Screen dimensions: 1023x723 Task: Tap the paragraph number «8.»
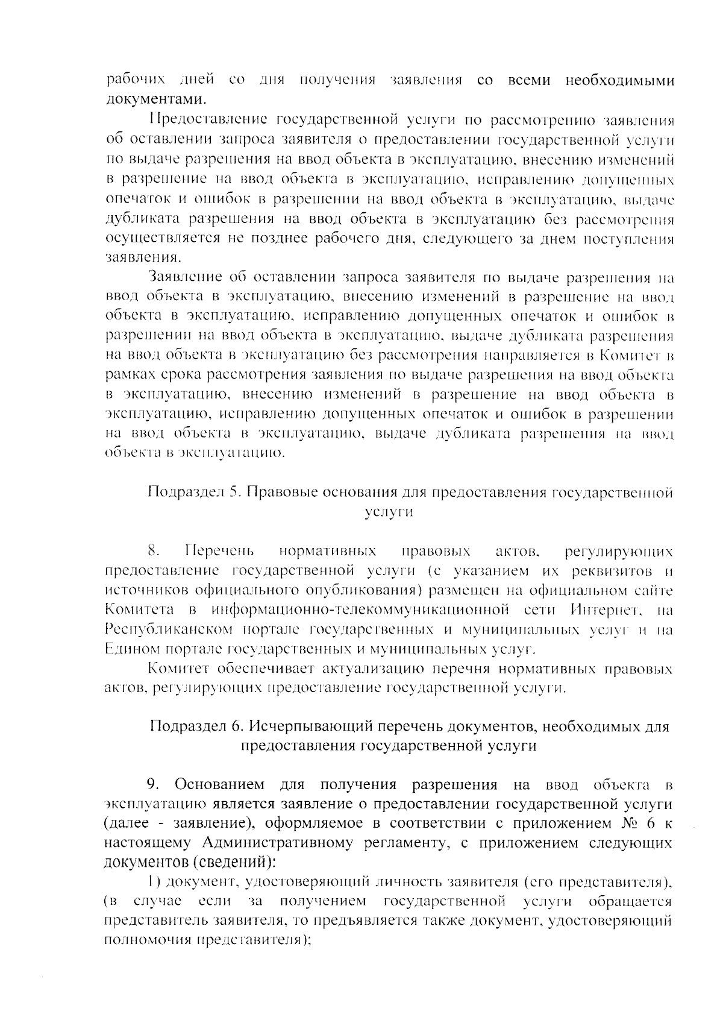154,551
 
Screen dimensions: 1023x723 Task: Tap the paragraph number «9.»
154,785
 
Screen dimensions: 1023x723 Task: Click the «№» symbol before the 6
629,824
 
